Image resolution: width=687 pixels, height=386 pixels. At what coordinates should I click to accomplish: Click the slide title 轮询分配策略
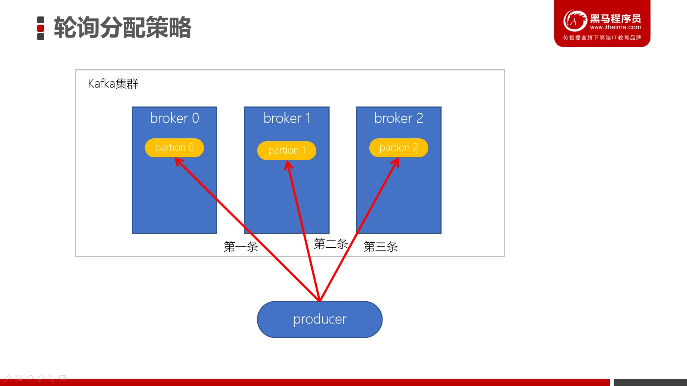pyautogui.click(x=122, y=28)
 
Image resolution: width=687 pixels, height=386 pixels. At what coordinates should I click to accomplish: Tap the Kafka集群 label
pyautogui.click(x=113, y=84)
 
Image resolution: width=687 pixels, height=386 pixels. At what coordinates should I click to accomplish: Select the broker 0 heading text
pyautogui.click(x=175, y=118)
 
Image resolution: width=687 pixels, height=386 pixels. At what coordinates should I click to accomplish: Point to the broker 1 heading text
pyautogui.click(x=287, y=118)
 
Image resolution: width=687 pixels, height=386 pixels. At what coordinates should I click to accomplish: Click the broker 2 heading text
pyautogui.click(x=399, y=118)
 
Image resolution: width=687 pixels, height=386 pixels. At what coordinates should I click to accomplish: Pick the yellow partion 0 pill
pyautogui.click(x=174, y=148)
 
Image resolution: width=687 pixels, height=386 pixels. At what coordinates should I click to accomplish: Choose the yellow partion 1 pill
pyautogui.click(x=287, y=150)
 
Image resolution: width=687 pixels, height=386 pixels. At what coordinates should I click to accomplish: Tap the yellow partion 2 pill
pyautogui.click(x=399, y=148)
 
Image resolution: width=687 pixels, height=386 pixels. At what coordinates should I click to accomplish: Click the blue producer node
pyautogui.click(x=320, y=319)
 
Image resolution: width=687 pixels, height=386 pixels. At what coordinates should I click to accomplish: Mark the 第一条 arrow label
pyautogui.click(x=241, y=247)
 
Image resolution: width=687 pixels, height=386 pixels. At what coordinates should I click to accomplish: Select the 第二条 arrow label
pyautogui.click(x=331, y=244)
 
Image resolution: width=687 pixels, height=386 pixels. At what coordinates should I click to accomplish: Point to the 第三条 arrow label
pyautogui.click(x=381, y=247)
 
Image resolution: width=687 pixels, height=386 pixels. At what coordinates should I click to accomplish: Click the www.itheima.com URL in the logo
pyautogui.click(x=615, y=27)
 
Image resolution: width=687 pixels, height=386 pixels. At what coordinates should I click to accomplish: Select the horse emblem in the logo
pyautogui.click(x=575, y=20)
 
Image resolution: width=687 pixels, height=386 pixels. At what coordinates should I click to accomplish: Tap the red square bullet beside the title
pyautogui.click(x=41, y=28)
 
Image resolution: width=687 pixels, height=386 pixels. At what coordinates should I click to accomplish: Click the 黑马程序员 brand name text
pyautogui.click(x=615, y=19)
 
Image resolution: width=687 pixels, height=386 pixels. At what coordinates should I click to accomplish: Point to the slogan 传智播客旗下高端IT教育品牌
pyautogui.click(x=602, y=38)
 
